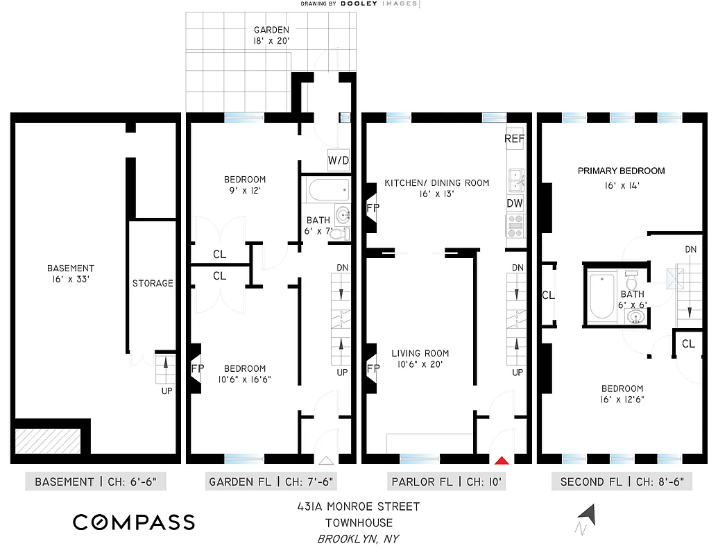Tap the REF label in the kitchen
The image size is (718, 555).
(514, 139)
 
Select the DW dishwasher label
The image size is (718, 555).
(514, 203)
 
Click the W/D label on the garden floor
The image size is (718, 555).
(339, 161)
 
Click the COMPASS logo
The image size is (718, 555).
(134, 522)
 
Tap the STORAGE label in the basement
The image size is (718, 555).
(153, 283)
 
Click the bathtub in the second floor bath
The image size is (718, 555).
(601, 296)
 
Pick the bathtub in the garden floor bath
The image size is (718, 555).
(326, 191)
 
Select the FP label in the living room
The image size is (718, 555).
(373, 369)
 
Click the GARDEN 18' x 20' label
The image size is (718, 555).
(271, 35)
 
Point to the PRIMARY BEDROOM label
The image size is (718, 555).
(622, 171)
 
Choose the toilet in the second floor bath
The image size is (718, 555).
(631, 281)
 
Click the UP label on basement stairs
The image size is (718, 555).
(166, 391)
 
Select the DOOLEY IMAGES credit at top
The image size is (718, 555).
(359, 3)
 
